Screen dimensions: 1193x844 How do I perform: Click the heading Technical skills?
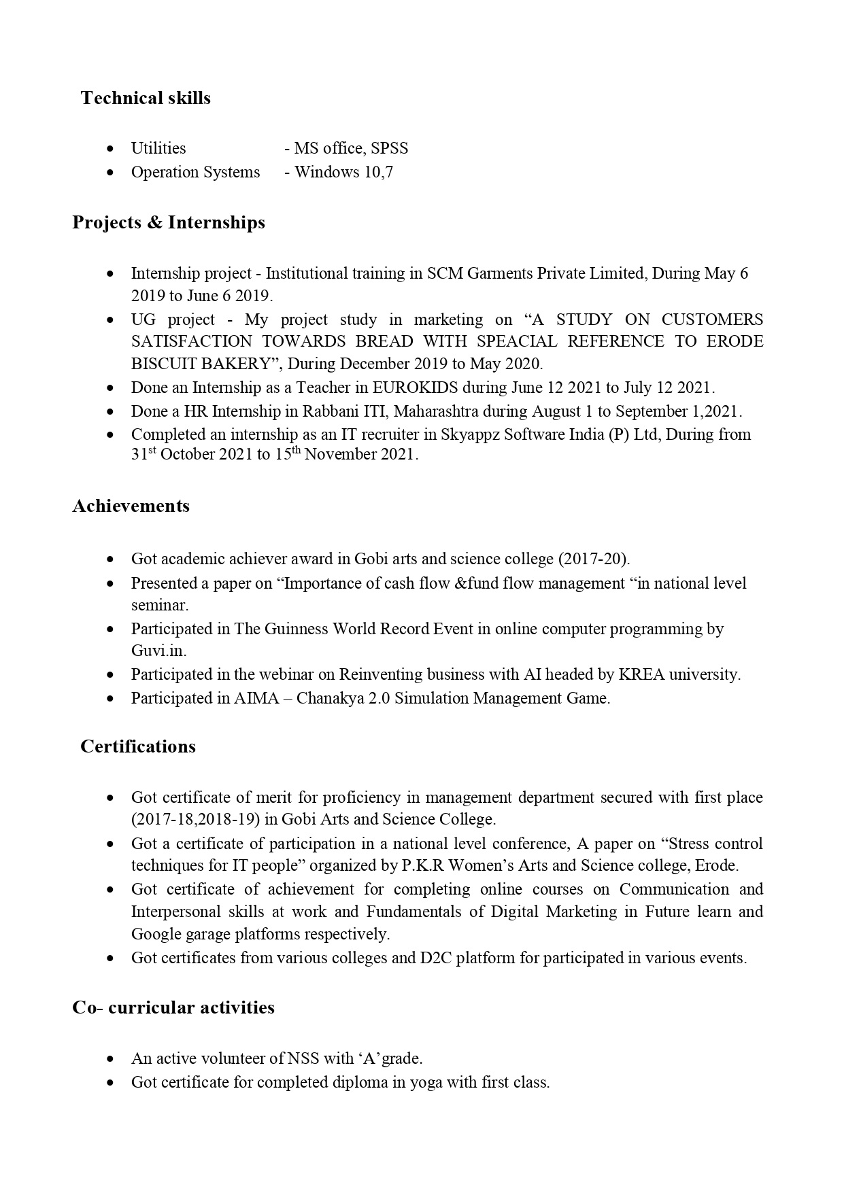[146, 98]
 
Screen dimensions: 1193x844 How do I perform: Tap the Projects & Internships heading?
[169, 222]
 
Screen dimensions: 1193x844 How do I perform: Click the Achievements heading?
[131, 506]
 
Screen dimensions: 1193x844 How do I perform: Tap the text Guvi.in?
[158, 651]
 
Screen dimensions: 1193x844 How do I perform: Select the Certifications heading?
[137, 746]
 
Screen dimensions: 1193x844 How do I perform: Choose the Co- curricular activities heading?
[173, 1007]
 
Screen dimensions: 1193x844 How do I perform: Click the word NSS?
[303, 1058]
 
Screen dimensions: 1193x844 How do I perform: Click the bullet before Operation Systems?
[110, 173]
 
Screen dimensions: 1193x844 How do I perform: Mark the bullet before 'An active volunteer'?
[110, 1059]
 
